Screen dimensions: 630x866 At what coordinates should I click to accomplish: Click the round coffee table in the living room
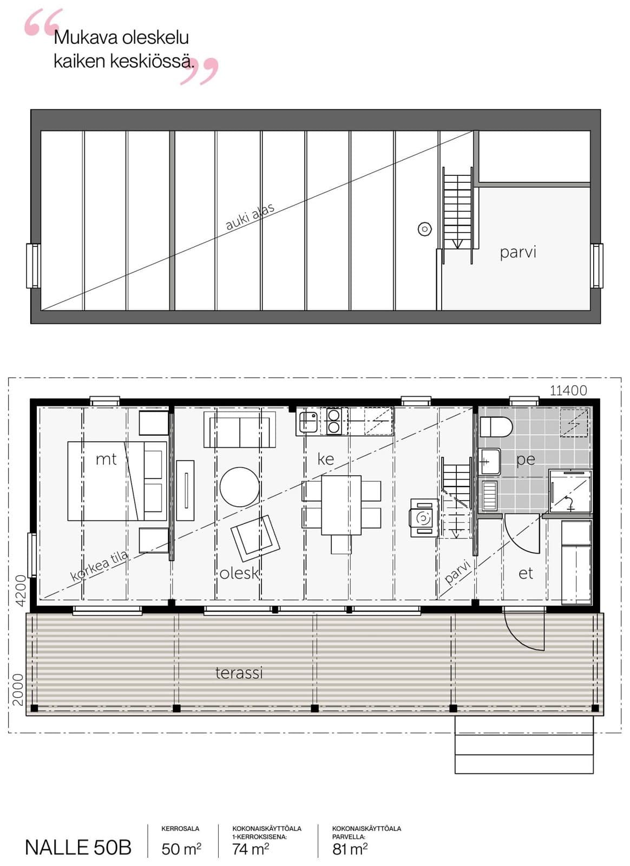click(x=239, y=487)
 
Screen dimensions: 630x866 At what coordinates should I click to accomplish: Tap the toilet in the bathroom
click(x=496, y=428)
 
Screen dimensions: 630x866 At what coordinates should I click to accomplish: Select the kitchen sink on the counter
click(x=307, y=421)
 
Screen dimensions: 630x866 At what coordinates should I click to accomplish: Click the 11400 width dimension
click(x=568, y=390)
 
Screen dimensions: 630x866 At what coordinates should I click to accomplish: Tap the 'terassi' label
click(x=239, y=673)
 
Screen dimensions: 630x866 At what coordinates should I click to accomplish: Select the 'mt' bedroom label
click(x=106, y=460)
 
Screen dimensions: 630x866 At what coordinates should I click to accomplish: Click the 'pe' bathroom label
click(x=526, y=460)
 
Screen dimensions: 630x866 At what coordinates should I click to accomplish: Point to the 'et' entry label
click(x=526, y=573)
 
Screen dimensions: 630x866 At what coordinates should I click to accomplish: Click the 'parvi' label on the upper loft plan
click(x=518, y=252)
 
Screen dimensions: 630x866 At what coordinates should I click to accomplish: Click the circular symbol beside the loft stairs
click(x=425, y=229)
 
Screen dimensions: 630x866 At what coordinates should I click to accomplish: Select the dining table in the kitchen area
click(x=342, y=505)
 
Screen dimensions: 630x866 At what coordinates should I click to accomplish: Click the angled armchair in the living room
click(x=255, y=538)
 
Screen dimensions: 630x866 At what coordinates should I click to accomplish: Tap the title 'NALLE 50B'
click(x=78, y=848)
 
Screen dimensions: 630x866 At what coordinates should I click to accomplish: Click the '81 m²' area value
click(x=350, y=849)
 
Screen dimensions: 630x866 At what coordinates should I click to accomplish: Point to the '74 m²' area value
click(x=251, y=849)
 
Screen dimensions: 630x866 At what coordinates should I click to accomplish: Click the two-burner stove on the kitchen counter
click(x=333, y=421)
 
